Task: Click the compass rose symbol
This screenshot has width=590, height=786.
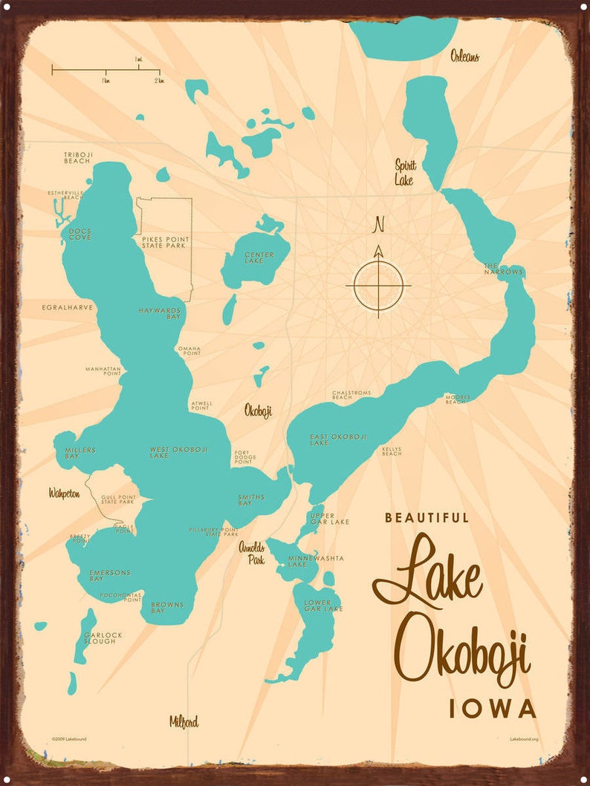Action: click(x=378, y=284)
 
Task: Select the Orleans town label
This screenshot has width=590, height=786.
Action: click(x=464, y=56)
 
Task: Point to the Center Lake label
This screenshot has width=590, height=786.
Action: click(x=259, y=258)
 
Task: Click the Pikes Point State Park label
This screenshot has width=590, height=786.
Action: click(x=164, y=242)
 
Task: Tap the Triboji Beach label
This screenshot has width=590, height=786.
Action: click(x=77, y=157)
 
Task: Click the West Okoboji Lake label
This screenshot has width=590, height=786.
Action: click(x=179, y=453)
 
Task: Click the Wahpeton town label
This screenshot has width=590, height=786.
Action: click(x=64, y=493)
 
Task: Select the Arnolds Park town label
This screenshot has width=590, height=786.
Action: click(x=251, y=554)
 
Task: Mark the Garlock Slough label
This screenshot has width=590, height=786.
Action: click(x=103, y=638)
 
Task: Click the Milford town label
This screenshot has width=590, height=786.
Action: click(x=184, y=721)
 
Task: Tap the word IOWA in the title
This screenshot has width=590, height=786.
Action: click(x=492, y=709)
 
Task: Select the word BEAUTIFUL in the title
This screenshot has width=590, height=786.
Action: click(x=427, y=518)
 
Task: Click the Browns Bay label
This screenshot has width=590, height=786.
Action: click(x=167, y=608)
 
